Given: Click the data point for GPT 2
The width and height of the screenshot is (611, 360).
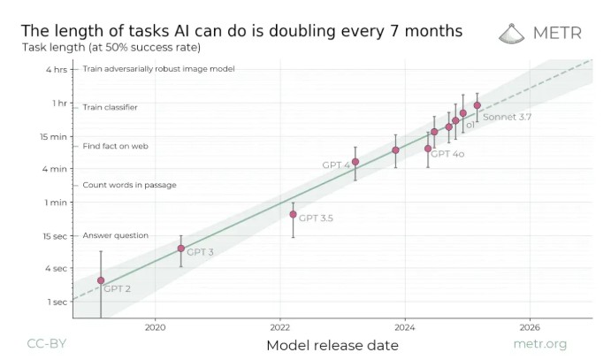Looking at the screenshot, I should point(101,280).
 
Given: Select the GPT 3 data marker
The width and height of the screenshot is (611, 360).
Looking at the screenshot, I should point(181,249).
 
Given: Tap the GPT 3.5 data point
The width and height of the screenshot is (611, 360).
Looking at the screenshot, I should point(293,214).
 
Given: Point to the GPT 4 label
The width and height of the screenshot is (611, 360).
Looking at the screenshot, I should point(335,165).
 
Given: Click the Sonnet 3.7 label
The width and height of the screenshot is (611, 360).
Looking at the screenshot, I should point(507,116).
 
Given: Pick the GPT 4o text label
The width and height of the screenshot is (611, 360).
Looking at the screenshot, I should point(447,154).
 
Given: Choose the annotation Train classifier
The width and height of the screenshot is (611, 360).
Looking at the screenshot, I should point(110,107).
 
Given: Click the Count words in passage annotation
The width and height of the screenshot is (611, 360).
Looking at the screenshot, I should point(129,185).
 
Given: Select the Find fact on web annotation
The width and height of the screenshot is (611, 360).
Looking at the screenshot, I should point(115,146).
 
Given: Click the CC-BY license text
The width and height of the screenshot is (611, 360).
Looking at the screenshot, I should point(44,344).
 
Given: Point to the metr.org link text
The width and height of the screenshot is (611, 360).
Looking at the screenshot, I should point(540,344).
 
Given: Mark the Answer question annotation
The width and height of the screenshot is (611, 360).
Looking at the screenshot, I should point(115,235).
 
